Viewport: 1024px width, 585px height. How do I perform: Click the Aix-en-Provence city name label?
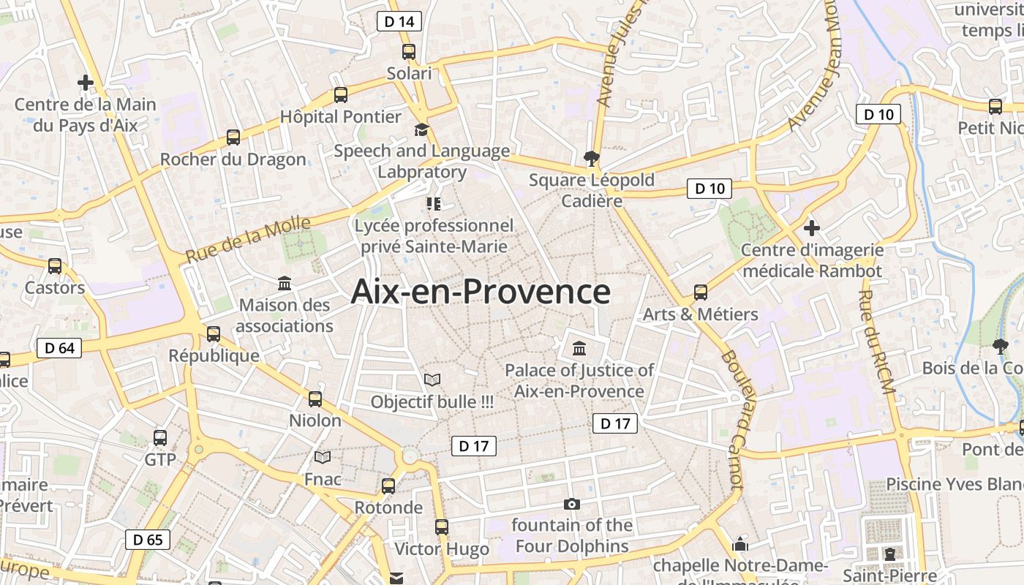(481, 292)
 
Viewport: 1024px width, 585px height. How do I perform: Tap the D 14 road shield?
(399, 21)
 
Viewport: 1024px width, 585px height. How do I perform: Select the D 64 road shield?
(59, 348)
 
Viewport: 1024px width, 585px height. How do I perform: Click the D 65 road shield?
(148, 540)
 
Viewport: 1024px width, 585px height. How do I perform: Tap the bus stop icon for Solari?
(409, 52)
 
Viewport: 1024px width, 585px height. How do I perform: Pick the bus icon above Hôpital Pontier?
(341, 94)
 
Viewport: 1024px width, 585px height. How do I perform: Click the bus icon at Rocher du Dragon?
(233, 137)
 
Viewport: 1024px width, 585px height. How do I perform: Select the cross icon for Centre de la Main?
(86, 83)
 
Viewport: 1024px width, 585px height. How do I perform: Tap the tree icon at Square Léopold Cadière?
(591, 158)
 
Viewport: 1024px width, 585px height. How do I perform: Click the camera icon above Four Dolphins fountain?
(572, 504)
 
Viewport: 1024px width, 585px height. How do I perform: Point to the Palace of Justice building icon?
(579, 347)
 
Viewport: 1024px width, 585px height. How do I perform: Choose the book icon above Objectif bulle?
(432, 380)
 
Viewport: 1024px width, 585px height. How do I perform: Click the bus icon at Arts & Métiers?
(701, 292)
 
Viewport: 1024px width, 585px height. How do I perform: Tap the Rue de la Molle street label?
(248, 240)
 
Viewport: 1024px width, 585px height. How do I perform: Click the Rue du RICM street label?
(876, 342)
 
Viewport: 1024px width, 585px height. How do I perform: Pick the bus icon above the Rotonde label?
(388, 486)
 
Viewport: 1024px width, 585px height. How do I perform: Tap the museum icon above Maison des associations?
(285, 283)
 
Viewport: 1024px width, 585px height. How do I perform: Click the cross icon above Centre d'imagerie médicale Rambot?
(812, 228)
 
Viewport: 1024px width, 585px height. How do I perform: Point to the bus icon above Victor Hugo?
(442, 526)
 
